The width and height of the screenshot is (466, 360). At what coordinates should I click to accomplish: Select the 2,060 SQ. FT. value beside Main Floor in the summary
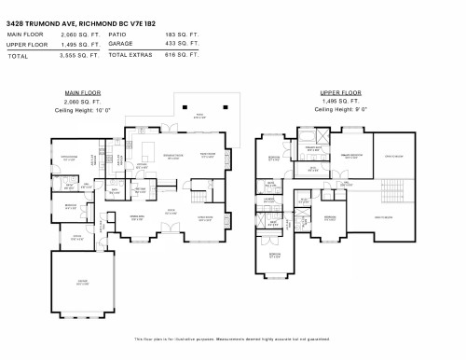82,35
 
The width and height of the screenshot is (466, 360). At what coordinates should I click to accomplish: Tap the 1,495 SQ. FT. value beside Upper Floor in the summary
82,44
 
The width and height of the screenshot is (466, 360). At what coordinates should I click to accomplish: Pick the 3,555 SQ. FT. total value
82,55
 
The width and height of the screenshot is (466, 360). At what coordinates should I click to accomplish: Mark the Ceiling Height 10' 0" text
83,109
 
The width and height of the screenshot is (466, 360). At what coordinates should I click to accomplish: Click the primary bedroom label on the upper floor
351,157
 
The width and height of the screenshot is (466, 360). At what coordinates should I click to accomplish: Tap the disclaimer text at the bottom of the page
232,339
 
